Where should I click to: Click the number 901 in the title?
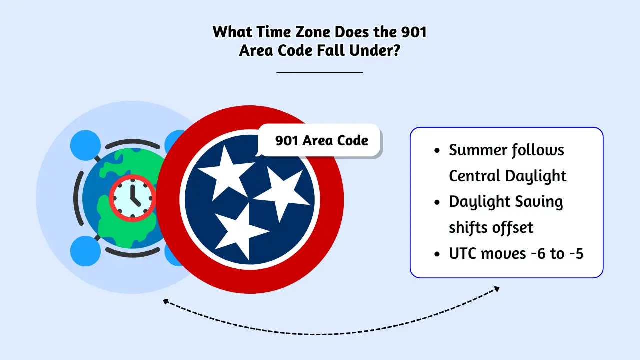click(x=410, y=32)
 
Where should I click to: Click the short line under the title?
click(x=320, y=72)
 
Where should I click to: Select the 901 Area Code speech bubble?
click(x=321, y=140)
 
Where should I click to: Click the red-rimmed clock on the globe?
click(x=132, y=198)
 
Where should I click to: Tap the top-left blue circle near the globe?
click(x=86, y=145)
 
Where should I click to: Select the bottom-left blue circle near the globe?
click(x=86, y=250)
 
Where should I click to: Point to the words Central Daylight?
click(x=507, y=176)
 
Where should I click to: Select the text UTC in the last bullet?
click(x=463, y=254)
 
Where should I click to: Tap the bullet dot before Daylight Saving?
click(x=438, y=202)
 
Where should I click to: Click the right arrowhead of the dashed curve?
click(x=497, y=289)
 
